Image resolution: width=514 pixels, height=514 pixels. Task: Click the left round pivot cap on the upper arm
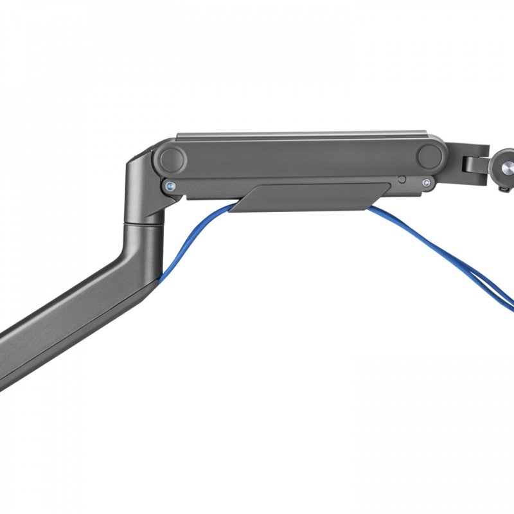click(x=172, y=157)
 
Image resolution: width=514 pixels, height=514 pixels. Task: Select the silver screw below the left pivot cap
click(x=169, y=186)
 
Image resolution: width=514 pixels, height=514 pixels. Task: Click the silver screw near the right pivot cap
click(x=426, y=184)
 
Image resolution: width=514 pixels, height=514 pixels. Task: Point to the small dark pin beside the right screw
click(x=402, y=180)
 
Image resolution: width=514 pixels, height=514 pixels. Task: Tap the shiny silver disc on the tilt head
click(x=506, y=166)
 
